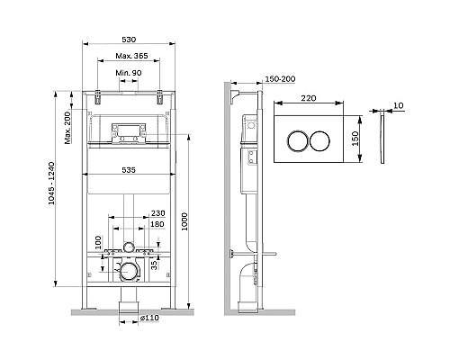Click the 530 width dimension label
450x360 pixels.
pos(129,40)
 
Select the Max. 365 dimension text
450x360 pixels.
pos(131,56)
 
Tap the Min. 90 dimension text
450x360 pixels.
pos(129,73)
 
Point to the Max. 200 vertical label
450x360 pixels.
pos(67,128)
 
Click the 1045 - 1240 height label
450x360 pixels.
pos(51,183)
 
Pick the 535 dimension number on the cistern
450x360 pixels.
pos(129,170)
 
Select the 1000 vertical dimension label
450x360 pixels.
pos(184,221)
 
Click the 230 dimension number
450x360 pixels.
pos(157,213)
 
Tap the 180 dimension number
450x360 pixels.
pos(157,224)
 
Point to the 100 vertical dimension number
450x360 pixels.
pos(98,242)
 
